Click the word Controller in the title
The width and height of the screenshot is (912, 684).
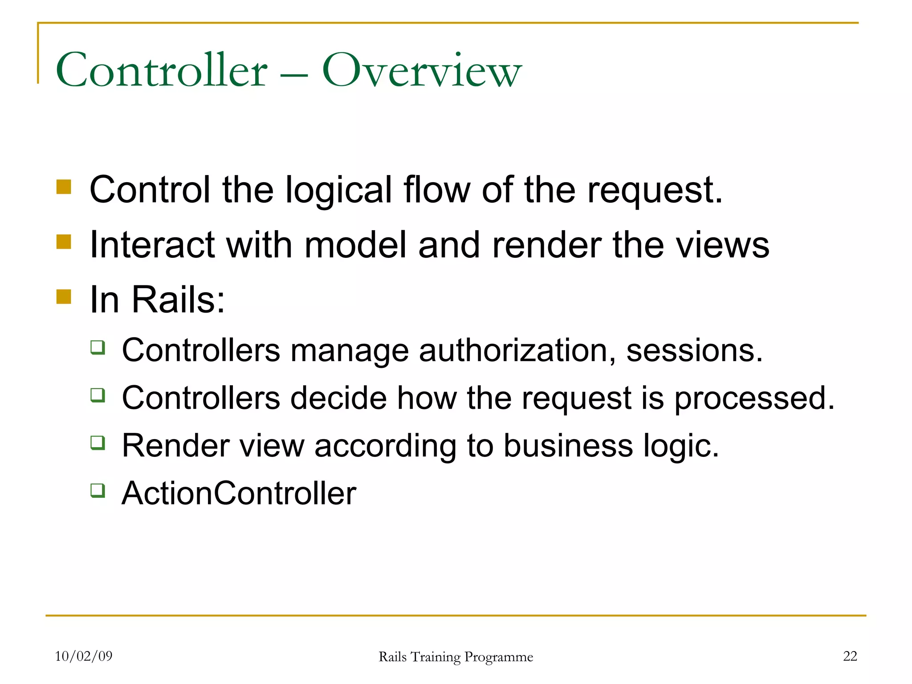[x=161, y=70]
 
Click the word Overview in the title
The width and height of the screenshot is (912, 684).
[x=421, y=70]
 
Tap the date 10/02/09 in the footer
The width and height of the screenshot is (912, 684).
[x=83, y=656]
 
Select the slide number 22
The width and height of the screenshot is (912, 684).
[x=850, y=656]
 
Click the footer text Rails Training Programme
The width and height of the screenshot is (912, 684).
[x=456, y=657]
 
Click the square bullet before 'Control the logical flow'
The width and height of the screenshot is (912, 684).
[x=64, y=187]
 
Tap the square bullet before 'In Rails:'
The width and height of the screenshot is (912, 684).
[x=64, y=297]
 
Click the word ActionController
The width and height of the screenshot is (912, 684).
[x=239, y=493]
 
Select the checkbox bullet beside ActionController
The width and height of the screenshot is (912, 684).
[x=98, y=490]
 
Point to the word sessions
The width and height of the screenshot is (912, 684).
[x=694, y=350]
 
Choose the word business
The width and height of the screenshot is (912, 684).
[x=568, y=446]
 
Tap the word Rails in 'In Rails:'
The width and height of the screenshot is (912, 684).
[x=178, y=299]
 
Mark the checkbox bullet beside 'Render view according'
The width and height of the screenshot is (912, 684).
[x=98, y=443]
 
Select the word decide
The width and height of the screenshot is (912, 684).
[x=338, y=398]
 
